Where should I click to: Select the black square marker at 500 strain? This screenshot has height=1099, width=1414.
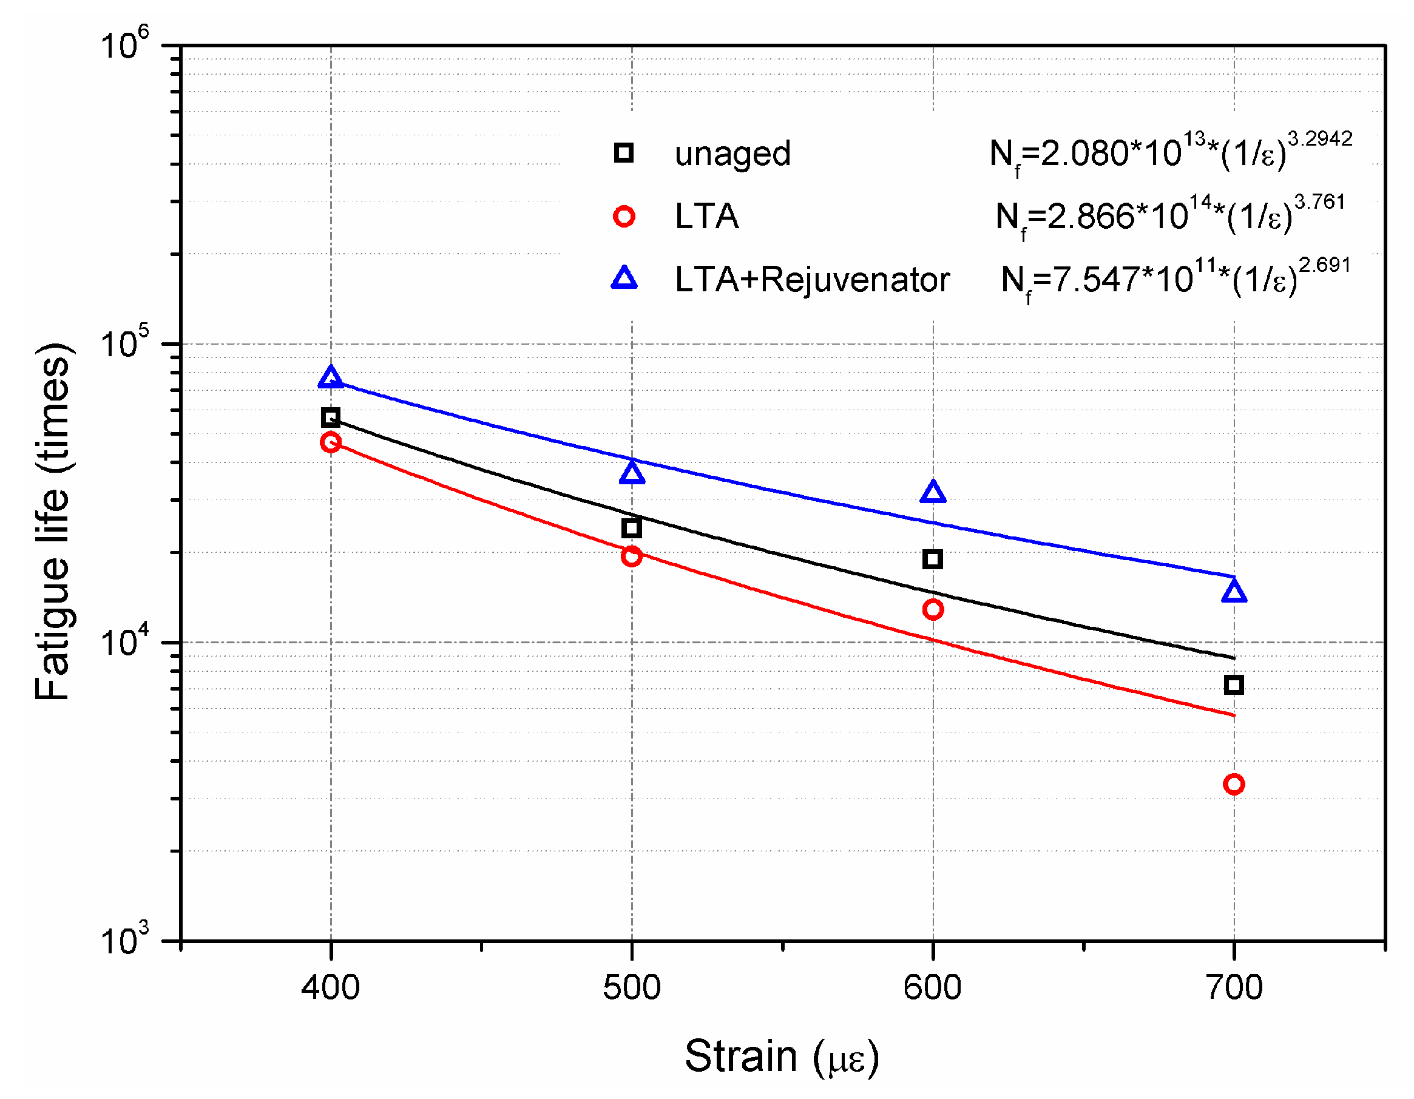631,528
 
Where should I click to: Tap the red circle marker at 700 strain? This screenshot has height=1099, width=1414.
1233,785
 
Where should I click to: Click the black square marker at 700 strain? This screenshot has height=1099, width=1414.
1233,685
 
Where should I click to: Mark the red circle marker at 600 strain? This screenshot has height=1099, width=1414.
932,609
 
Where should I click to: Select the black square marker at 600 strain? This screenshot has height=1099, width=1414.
932,559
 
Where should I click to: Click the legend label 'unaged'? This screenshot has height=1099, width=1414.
732,154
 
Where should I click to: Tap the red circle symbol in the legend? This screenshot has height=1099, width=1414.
623,217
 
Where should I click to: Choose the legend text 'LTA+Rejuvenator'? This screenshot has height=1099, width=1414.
812,280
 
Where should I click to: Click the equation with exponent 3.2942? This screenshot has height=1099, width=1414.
1170,154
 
